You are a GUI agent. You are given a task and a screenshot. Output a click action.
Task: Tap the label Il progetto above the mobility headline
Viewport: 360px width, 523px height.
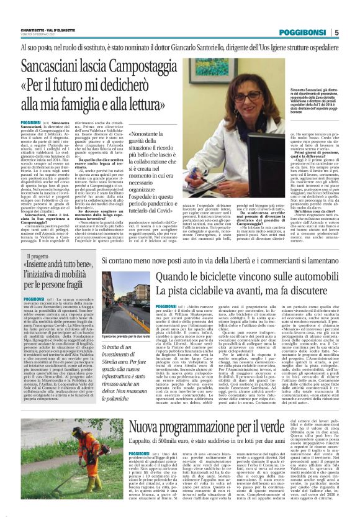click(x=37, y=256)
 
